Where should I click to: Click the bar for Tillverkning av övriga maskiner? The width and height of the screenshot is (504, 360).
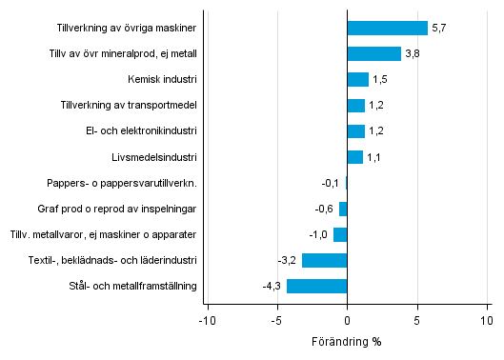(388, 28)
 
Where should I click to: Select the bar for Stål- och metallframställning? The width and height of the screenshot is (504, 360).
(316, 286)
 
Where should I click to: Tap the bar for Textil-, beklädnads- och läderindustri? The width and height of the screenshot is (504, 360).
(324, 260)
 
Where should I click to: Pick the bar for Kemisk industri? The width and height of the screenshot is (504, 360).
(357, 79)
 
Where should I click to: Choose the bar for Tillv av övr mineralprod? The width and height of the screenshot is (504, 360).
(373, 53)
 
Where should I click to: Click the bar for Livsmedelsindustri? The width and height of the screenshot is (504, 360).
(354, 157)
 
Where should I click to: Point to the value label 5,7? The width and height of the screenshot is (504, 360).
(438, 28)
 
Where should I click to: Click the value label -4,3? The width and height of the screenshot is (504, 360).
(272, 286)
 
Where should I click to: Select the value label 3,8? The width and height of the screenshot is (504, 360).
(412, 53)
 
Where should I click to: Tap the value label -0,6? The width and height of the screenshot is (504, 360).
(325, 209)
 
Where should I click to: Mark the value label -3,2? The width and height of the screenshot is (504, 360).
(288, 260)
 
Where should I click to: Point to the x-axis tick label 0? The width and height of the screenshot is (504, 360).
(347, 321)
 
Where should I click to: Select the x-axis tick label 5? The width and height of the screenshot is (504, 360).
(417, 321)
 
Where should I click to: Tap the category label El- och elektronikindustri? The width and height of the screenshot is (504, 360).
(140, 130)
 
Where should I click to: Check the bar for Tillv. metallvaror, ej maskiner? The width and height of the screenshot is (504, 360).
(340, 234)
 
